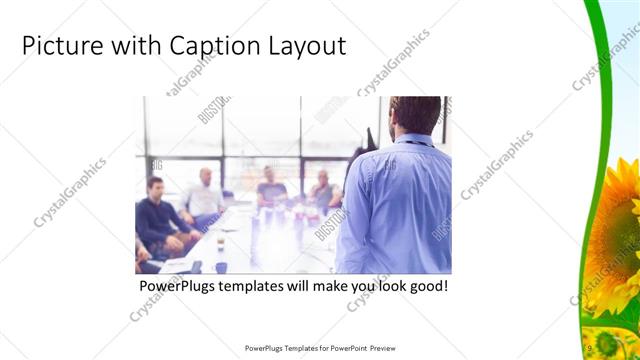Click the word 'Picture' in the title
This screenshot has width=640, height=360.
tap(62, 46)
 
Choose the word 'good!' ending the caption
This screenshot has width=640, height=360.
tap(425, 286)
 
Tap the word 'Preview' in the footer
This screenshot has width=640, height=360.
tap(382, 348)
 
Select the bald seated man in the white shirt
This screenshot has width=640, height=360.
tap(205, 195)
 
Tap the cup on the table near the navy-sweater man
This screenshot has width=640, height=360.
tap(220, 244)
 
